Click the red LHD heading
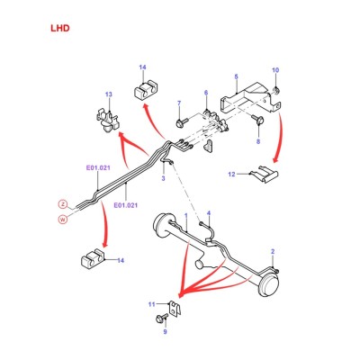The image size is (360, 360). point(60,28)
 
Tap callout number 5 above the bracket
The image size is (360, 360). point(237,76)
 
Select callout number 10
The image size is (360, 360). point(275,70)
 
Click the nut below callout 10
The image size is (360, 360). point(275,90)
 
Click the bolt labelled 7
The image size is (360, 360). point(181,122)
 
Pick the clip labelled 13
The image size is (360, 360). point(107,121)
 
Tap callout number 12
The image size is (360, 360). point(232,174)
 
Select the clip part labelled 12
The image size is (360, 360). point(265,174)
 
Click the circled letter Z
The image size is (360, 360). point(63,204)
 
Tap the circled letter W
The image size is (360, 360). point(63,220)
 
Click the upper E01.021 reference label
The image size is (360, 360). point(98,168)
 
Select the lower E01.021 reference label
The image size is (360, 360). point(125,205)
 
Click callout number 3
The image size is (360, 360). point(163,178)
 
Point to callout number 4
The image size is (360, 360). point(209,213)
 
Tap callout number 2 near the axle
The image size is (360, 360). point(273,251)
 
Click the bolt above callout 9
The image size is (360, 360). point(161,318)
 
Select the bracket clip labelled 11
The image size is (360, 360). point(175,308)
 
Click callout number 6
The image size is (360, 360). point(206,93)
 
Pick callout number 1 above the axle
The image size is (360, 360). point(186,215)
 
